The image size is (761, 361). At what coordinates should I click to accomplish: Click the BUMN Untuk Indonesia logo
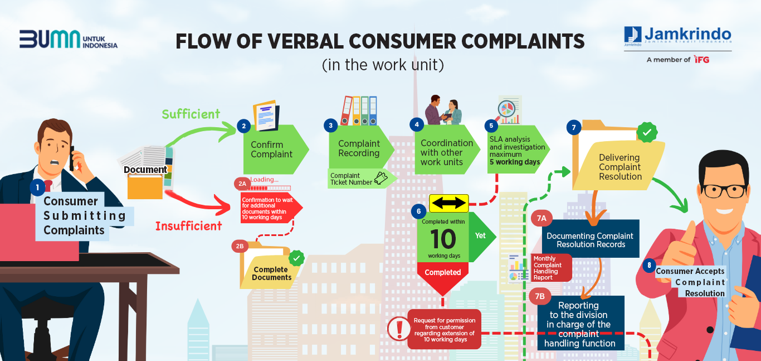(69, 39)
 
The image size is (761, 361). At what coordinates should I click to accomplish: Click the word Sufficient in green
(191, 114)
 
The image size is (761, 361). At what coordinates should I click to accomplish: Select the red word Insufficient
(188, 226)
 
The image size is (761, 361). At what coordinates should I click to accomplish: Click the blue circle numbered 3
(330, 126)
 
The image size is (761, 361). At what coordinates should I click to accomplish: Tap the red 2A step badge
(242, 184)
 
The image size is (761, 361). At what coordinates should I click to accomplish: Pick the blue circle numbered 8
(649, 266)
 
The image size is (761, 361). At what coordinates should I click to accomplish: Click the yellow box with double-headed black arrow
(449, 203)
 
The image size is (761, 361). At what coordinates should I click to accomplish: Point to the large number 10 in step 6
(443, 239)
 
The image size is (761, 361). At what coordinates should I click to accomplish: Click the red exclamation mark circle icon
(399, 328)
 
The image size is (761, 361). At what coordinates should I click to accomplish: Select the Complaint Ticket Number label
(352, 179)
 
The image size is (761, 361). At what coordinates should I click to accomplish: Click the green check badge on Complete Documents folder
(296, 258)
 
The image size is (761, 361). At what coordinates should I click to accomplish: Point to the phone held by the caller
(72, 158)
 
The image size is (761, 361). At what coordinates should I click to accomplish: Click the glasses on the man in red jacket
(725, 190)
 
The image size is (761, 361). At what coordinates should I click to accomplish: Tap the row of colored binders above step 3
(358, 110)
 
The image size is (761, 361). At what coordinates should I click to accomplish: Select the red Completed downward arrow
(443, 278)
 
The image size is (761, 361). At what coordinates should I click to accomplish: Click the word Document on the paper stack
(145, 170)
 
